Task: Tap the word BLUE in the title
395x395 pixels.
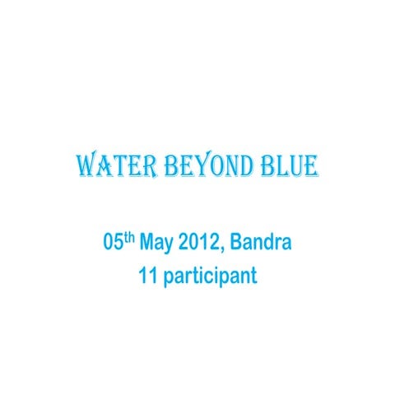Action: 287,168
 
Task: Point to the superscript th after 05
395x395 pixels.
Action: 130,239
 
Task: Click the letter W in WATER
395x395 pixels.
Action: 86,168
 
